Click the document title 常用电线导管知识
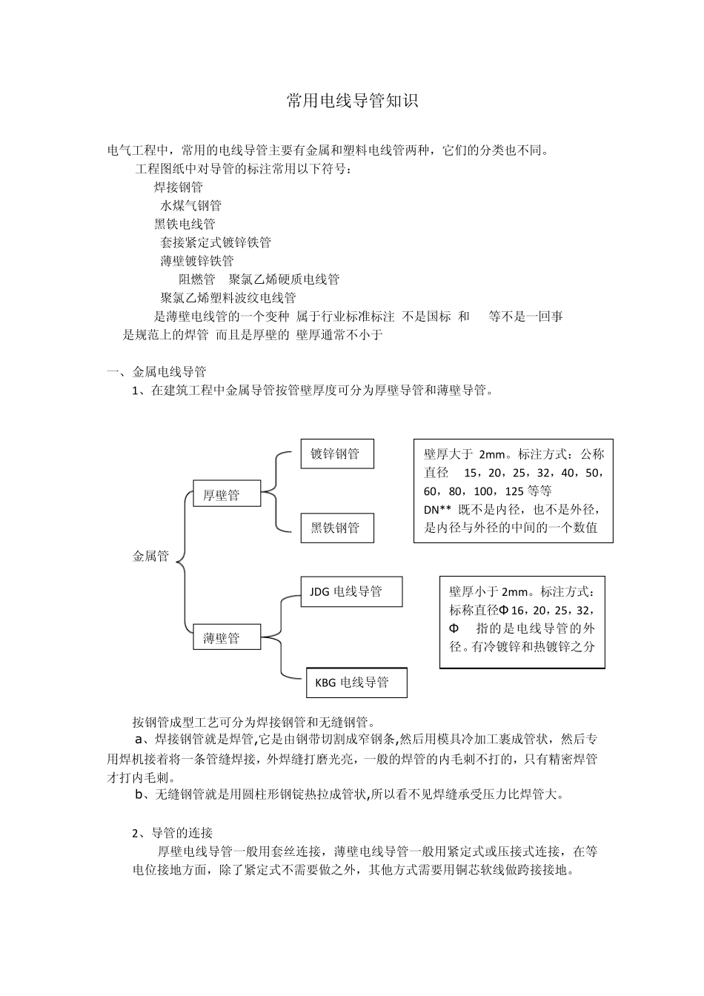(x=352, y=102)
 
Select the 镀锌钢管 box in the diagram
(x=336, y=454)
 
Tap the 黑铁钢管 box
(x=336, y=528)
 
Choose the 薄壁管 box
(x=226, y=637)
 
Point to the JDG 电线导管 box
(x=351, y=591)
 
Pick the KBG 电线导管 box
(x=356, y=683)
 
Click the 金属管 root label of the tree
(x=150, y=556)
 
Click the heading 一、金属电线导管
(x=156, y=372)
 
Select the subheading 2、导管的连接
(x=172, y=833)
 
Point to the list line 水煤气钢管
(x=190, y=205)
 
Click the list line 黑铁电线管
(x=185, y=224)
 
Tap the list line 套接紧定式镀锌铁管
(x=216, y=242)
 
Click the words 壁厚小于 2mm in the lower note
(x=488, y=592)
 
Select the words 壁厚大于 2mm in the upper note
(x=464, y=454)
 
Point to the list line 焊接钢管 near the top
(x=178, y=187)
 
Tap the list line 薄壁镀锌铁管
(x=196, y=261)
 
